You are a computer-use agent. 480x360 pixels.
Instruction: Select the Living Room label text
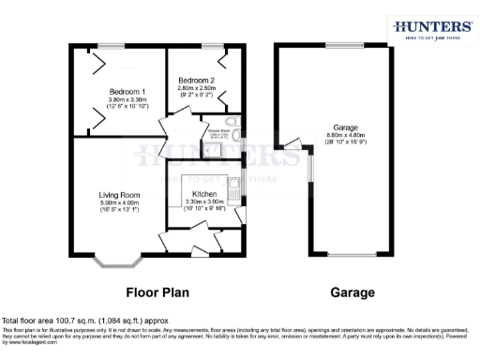point(119,195)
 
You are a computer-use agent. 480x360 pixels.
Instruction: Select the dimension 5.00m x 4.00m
point(119,202)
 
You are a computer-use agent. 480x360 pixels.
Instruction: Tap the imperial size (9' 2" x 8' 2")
point(197,94)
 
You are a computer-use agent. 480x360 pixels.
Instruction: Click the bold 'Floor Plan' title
point(157,292)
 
